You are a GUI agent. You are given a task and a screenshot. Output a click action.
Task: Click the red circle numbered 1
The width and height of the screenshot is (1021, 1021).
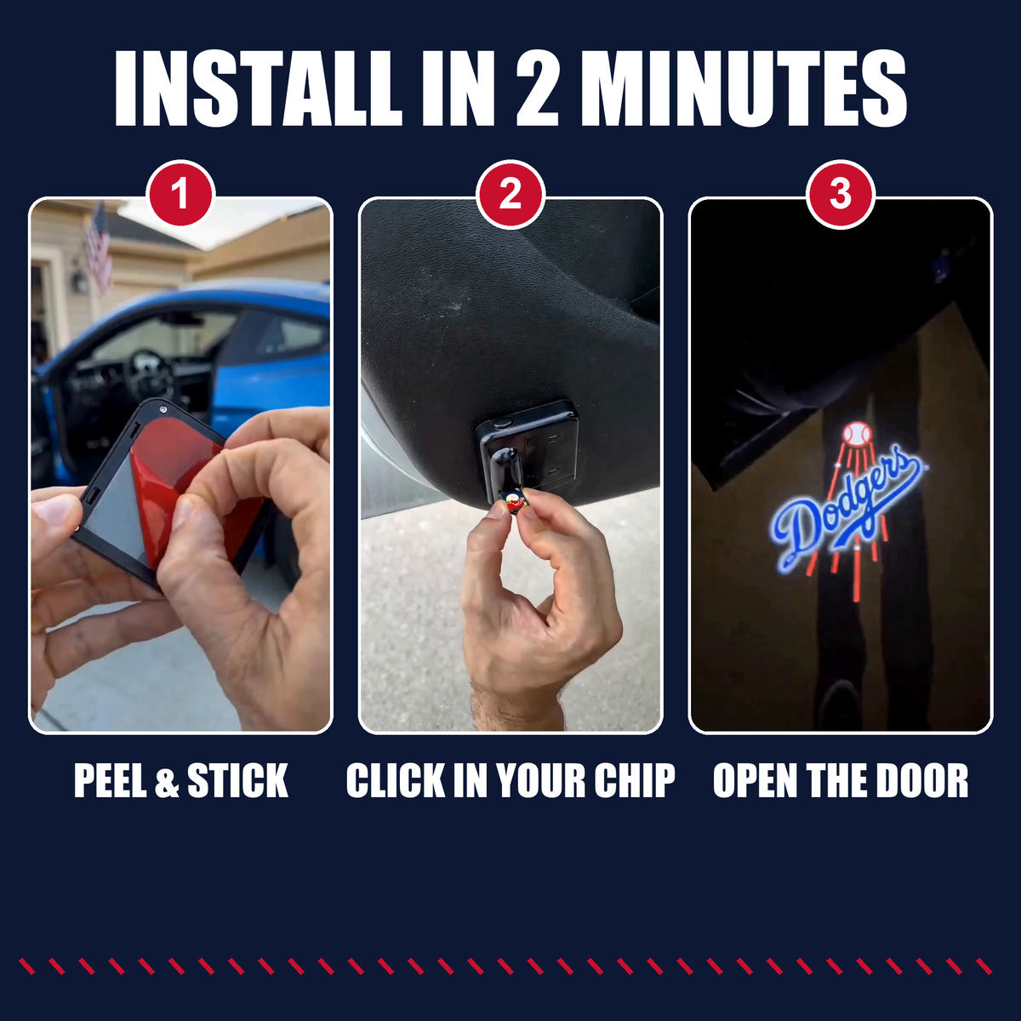click(181, 195)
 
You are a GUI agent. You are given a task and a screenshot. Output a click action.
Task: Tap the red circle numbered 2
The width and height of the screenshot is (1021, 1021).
click(510, 195)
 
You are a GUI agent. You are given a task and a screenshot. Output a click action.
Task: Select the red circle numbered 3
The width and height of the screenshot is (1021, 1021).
click(841, 195)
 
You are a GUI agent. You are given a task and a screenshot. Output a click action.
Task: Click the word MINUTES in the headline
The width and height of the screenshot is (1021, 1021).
click(744, 89)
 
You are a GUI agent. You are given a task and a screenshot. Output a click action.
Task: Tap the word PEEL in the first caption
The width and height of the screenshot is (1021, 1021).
click(110, 780)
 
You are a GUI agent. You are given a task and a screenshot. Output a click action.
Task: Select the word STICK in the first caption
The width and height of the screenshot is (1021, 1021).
click(238, 780)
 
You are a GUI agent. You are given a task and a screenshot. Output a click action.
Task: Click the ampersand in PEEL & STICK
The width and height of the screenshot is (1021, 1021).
click(167, 781)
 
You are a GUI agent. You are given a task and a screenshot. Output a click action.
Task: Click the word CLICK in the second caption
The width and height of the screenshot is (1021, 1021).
click(396, 780)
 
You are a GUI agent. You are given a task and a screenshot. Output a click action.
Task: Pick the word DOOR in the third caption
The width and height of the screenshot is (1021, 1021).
click(922, 780)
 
